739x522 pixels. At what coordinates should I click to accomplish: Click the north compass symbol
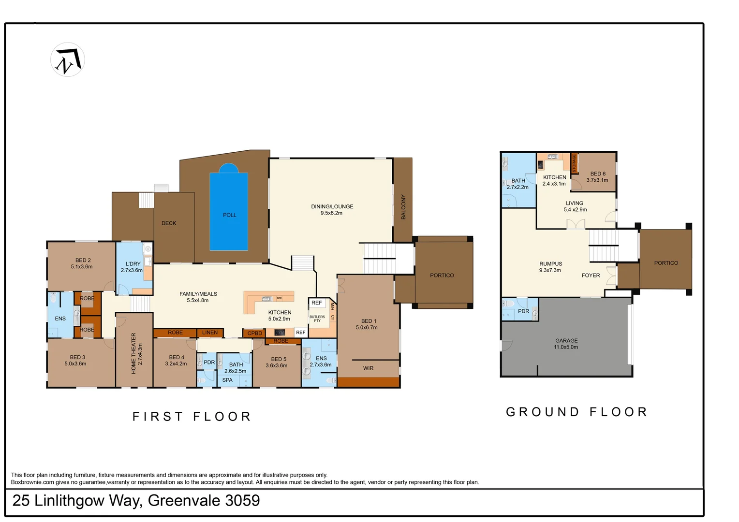pyautogui.click(x=68, y=60)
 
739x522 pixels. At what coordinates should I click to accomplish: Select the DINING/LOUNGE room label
pyautogui.click(x=332, y=209)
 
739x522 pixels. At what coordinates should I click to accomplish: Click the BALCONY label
pyautogui.click(x=403, y=207)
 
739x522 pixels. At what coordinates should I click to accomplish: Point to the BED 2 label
pyautogui.click(x=82, y=263)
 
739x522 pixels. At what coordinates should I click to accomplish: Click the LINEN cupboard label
pyautogui.click(x=210, y=333)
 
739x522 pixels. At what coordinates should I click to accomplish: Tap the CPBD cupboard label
pyautogui.click(x=254, y=333)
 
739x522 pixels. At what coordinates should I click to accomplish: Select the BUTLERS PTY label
pyautogui.click(x=317, y=319)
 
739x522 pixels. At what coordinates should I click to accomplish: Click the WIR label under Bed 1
pyautogui.click(x=368, y=368)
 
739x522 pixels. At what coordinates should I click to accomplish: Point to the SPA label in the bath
pyautogui.click(x=227, y=380)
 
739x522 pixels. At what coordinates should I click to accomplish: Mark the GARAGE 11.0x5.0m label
pyautogui.click(x=566, y=344)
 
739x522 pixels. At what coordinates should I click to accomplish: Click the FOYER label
pyautogui.click(x=591, y=275)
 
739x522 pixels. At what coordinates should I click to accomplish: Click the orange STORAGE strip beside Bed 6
pyautogui.click(x=574, y=163)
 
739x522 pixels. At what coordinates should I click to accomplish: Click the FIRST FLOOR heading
pyautogui.click(x=192, y=417)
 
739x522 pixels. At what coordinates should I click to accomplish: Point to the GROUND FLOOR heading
pyautogui.click(x=576, y=412)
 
